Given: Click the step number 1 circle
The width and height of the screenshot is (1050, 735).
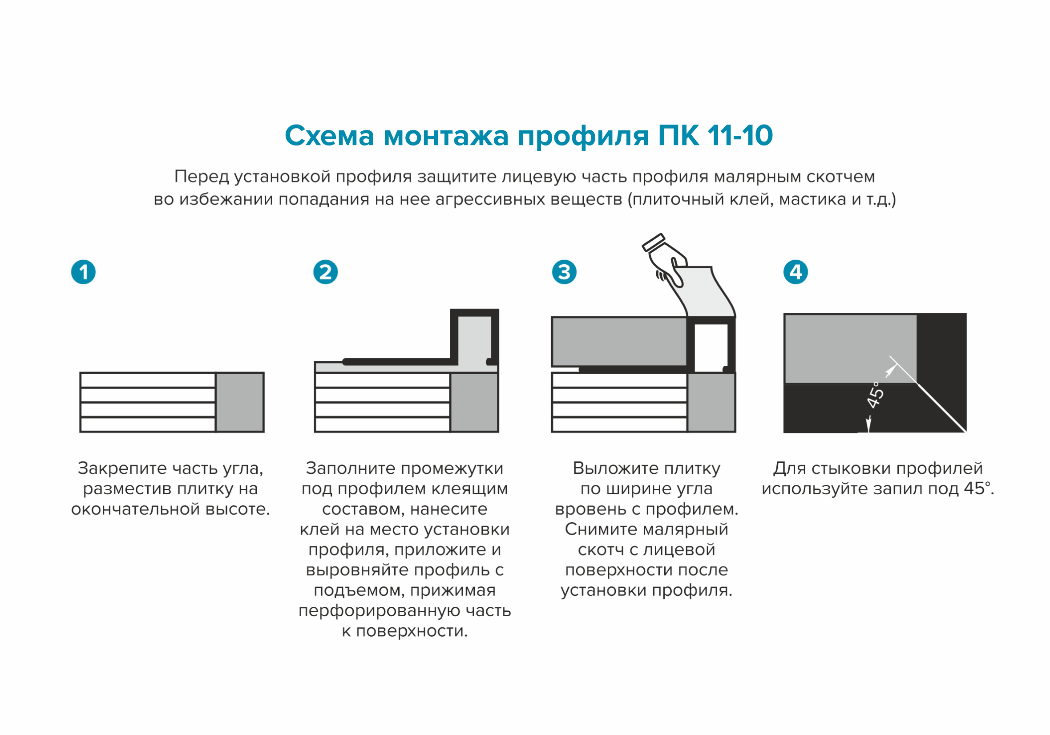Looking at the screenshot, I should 83,272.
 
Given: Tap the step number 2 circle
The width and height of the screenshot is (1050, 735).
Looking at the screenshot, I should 325,272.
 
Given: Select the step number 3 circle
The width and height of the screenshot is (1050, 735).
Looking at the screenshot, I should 564,272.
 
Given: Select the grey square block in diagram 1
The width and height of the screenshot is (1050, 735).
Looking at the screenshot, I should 240,402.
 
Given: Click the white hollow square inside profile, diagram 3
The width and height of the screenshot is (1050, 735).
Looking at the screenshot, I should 710,347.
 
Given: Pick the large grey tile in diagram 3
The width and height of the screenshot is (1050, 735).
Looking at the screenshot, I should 619,342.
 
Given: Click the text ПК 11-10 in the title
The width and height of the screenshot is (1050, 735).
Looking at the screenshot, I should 715,136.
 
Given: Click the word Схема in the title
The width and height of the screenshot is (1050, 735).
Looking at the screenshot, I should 329,136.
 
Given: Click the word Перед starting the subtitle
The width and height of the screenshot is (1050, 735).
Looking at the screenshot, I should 201,177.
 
